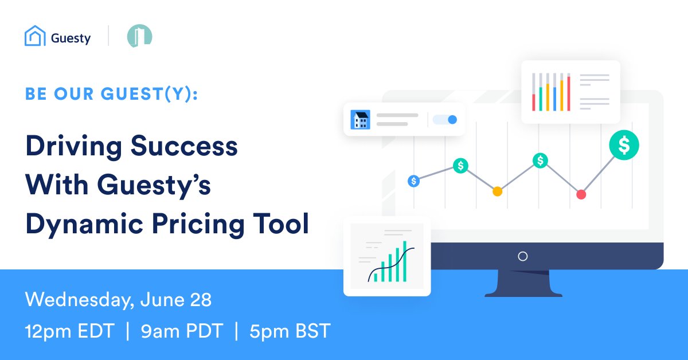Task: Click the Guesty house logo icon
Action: (x=35, y=37)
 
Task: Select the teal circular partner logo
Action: (x=139, y=36)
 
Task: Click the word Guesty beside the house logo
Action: (x=71, y=38)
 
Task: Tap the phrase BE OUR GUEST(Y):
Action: (x=111, y=95)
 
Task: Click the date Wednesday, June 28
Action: (x=118, y=299)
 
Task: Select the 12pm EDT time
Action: (x=69, y=331)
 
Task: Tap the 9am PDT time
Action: (x=181, y=331)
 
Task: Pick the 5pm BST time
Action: (x=290, y=331)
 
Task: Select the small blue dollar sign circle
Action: (x=414, y=181)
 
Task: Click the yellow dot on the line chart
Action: (x=497, y=191)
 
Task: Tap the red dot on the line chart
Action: (x=581, y=194)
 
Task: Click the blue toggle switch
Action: (x=445, y=120)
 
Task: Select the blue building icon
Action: (x=361, y=120)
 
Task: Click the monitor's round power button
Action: (x=522, y=256)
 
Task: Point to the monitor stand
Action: (x=522, y=284)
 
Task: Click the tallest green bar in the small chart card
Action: (x=404, y=261)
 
